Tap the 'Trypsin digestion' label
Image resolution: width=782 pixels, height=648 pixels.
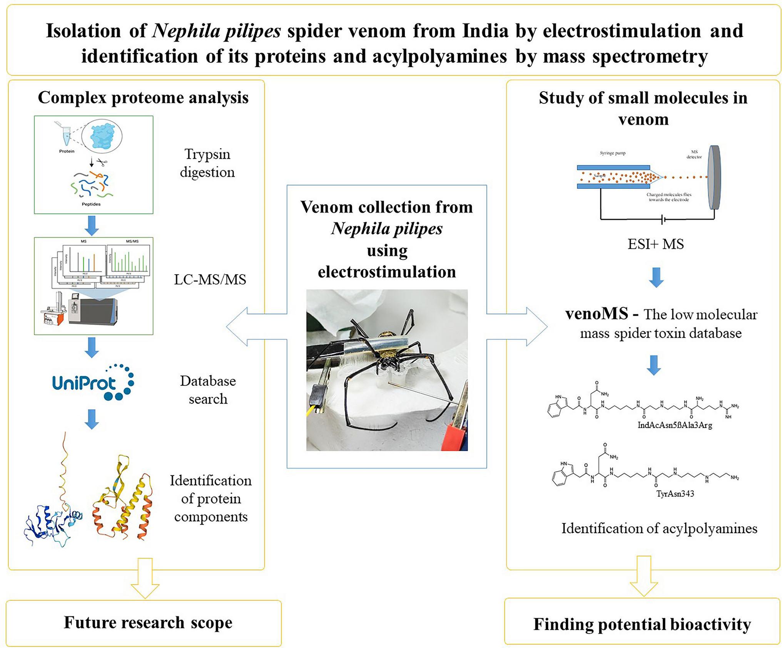click(207, 163)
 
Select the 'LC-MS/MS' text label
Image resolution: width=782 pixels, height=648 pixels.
click(210, 280)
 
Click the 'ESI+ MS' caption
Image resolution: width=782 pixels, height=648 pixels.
click(655, 244)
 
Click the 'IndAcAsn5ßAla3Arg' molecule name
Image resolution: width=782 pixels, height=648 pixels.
click(675, 425)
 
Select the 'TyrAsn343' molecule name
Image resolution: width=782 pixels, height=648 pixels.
click(675, 494)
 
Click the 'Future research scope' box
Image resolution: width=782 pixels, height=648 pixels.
click(148, 623)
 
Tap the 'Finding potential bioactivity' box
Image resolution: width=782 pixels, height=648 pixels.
click(642, 624)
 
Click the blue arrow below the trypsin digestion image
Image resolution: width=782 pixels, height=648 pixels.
click(92, 226)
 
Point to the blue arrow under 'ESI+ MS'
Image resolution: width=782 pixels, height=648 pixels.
click(656, 277)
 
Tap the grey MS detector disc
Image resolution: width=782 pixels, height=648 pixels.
click(714, 177)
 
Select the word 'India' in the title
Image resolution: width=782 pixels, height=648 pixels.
click(485, 31)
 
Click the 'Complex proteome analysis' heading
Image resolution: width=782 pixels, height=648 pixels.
click(143, 98)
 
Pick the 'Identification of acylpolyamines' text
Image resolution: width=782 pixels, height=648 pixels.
click(659, 528)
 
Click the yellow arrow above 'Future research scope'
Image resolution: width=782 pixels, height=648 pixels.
click(145, 578)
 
